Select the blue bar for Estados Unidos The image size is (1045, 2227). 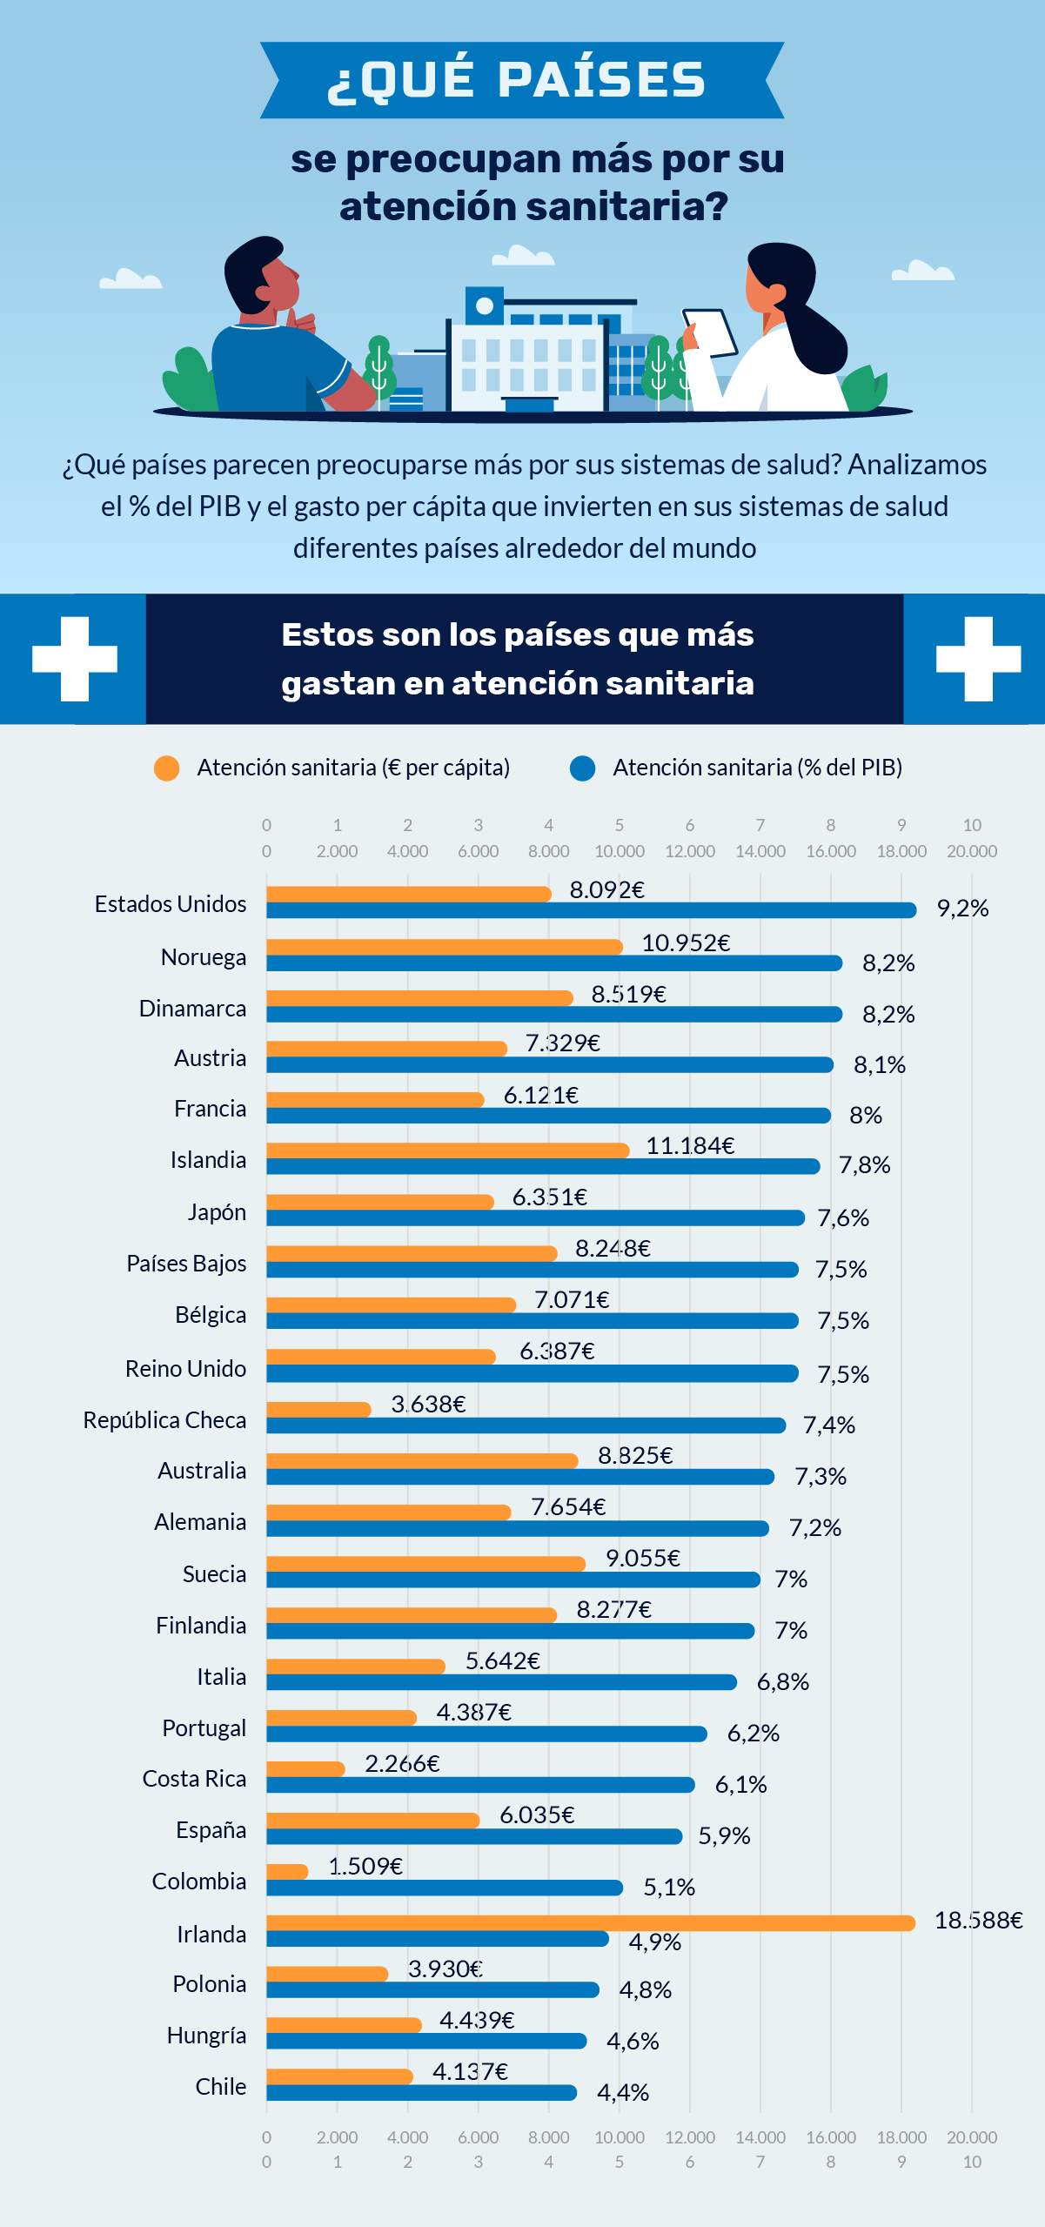pos(591,910)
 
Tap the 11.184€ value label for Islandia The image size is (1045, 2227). pos(690,1145)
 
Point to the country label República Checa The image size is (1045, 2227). pos(164,1420)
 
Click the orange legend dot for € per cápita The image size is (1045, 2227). pos(166,768)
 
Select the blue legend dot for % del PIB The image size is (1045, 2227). pos(582,768)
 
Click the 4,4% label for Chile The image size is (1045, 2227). pos(623,2093)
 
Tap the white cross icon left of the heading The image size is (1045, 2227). pos(75,659)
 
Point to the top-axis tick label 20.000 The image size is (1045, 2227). pos(971,851)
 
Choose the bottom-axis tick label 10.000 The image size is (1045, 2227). pos(619,2137)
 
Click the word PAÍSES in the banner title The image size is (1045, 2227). pos(601,80)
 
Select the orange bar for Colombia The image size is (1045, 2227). pos(287,1871)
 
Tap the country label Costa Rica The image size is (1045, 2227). pos(194,1779)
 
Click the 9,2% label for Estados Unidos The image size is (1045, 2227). pos(962,909)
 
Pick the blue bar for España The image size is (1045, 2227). pos(474,1836)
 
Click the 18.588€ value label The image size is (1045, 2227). pos(978,1921)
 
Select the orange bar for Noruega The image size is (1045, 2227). pos(444,947)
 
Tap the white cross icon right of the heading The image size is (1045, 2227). pos(978,659)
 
